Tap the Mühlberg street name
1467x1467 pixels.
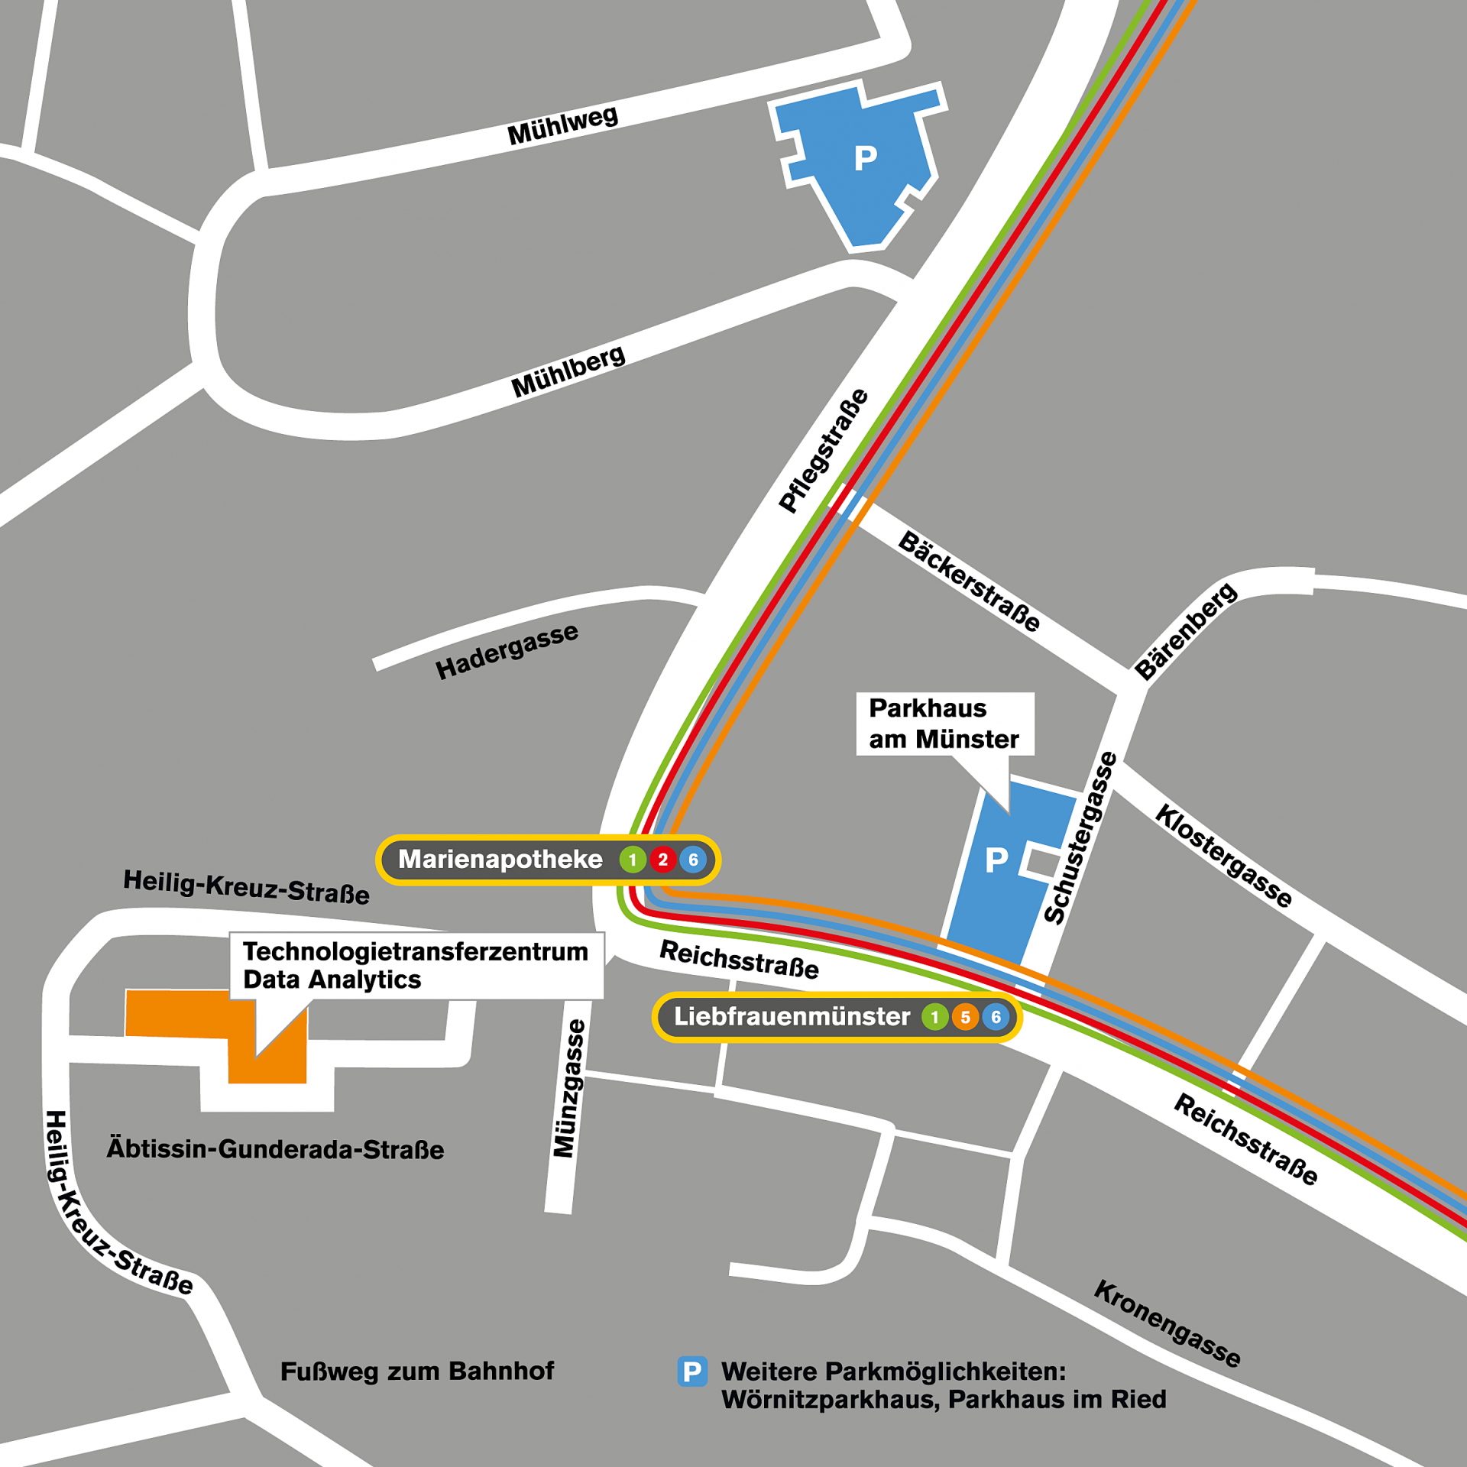[568, 373]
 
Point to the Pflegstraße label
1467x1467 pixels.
[823, 451]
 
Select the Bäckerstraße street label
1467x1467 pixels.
[969, 581]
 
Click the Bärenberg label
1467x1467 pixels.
[1185, 631]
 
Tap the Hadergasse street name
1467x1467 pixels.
[507, 651]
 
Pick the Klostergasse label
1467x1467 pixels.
[1223, 856]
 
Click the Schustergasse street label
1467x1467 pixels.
[1080, 838]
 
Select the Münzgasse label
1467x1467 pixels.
[569, 1088]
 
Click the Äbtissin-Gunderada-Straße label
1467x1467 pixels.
[275, 1149]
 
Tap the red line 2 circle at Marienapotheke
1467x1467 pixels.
[662, 860]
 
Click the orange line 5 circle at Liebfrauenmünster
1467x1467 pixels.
[965, 1017]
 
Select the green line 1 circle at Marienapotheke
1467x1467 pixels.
[632, 860]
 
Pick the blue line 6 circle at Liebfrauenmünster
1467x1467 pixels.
[996, 1017]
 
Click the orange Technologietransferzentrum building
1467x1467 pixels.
[176, 1013]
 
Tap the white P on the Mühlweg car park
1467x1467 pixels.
[865, 158]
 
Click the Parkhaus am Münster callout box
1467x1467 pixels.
[944, 724]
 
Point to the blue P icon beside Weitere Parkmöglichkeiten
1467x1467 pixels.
[692, 1371]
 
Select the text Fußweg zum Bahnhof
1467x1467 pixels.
[417, 1371]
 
